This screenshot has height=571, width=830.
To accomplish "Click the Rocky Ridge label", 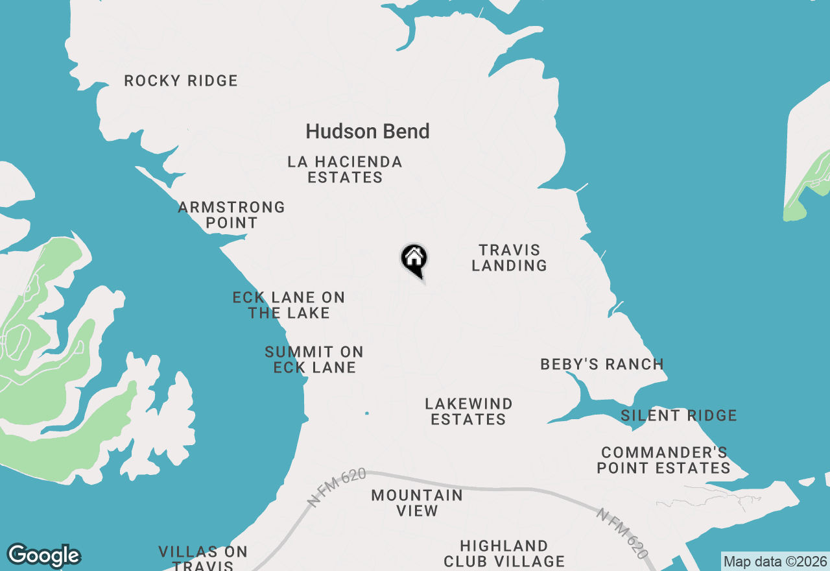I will click(x=181, y=81).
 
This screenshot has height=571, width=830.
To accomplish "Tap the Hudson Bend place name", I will click(x=368, y=132).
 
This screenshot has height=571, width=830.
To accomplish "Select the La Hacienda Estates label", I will click(x=345, y=169).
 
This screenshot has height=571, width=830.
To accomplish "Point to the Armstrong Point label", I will click(x=231, y=215).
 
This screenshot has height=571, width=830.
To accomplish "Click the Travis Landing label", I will click(x=509, y=258).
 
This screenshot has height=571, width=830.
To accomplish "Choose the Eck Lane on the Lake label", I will click(x=289, y=305).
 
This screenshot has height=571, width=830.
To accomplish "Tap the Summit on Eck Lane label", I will click(x=314, y=359).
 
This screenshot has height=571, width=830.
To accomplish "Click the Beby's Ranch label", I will click(x=602, y=365).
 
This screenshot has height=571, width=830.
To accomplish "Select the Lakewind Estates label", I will click(x=468, y=411).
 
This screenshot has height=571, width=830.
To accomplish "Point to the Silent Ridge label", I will click(x=679, y=416).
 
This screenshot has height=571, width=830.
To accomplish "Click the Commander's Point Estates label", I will click(x=664, y=460).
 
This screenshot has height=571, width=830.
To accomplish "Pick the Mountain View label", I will click(x=417, y=503).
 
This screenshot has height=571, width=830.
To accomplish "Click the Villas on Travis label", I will click(x=203, y=558).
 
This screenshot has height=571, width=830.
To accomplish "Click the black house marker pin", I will click(x=414, y=260).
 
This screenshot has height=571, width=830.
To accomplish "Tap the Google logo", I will click(x=43, y=555).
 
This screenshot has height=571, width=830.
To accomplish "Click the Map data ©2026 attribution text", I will click(x=775, y=561).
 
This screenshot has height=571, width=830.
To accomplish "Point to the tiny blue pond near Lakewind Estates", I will click(x=367, y=413).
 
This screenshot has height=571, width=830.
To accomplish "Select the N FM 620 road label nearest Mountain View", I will click(x=337, y=487).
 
